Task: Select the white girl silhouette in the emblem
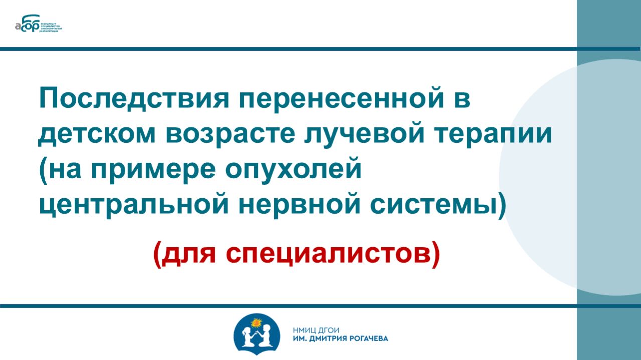(x=248, y=336)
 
